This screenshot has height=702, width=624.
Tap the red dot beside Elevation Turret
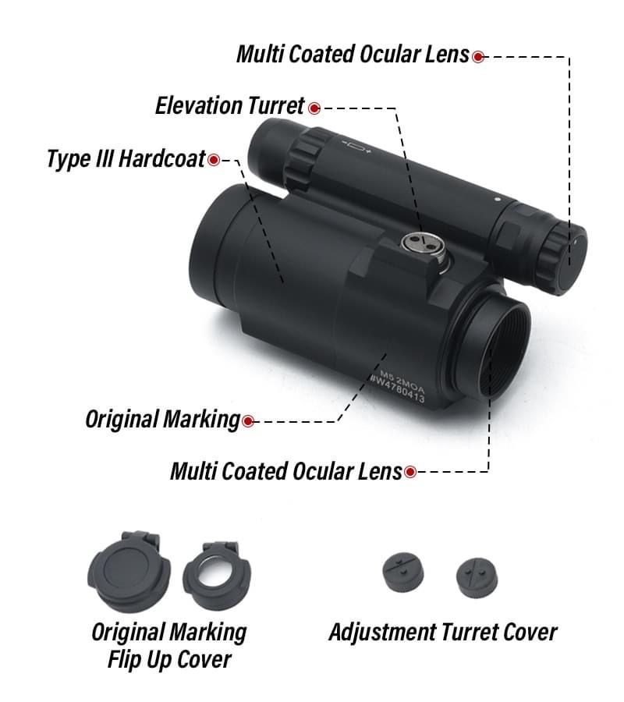tap(314, 108)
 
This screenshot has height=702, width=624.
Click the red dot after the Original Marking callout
tap(248, 421)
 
